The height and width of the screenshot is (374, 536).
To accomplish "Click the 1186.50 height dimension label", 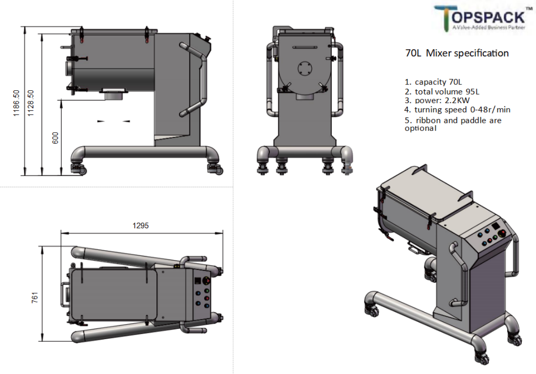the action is coord(16,103).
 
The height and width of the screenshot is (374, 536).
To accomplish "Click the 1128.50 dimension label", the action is coord(31,103).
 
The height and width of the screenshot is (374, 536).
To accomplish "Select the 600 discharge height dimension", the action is coord(55,138).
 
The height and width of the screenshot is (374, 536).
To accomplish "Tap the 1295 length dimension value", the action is coord(140,226).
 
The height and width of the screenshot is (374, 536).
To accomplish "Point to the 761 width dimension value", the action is coord(35,298).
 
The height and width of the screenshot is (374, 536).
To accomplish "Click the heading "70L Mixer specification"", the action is coord(457,53).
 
